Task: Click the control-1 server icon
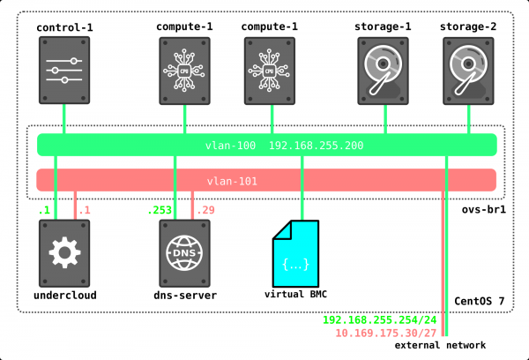[64, 68]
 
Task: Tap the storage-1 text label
[384, 26]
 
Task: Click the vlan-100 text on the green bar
[231, 145]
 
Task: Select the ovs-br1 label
[483, 210]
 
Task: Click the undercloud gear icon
[63, 252]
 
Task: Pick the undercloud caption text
[63, 295]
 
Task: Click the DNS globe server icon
[185, 252]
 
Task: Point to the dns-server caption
[185, 295]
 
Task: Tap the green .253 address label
[160, 210]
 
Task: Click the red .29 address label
[205, 210]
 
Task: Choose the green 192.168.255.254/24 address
[379, 321]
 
